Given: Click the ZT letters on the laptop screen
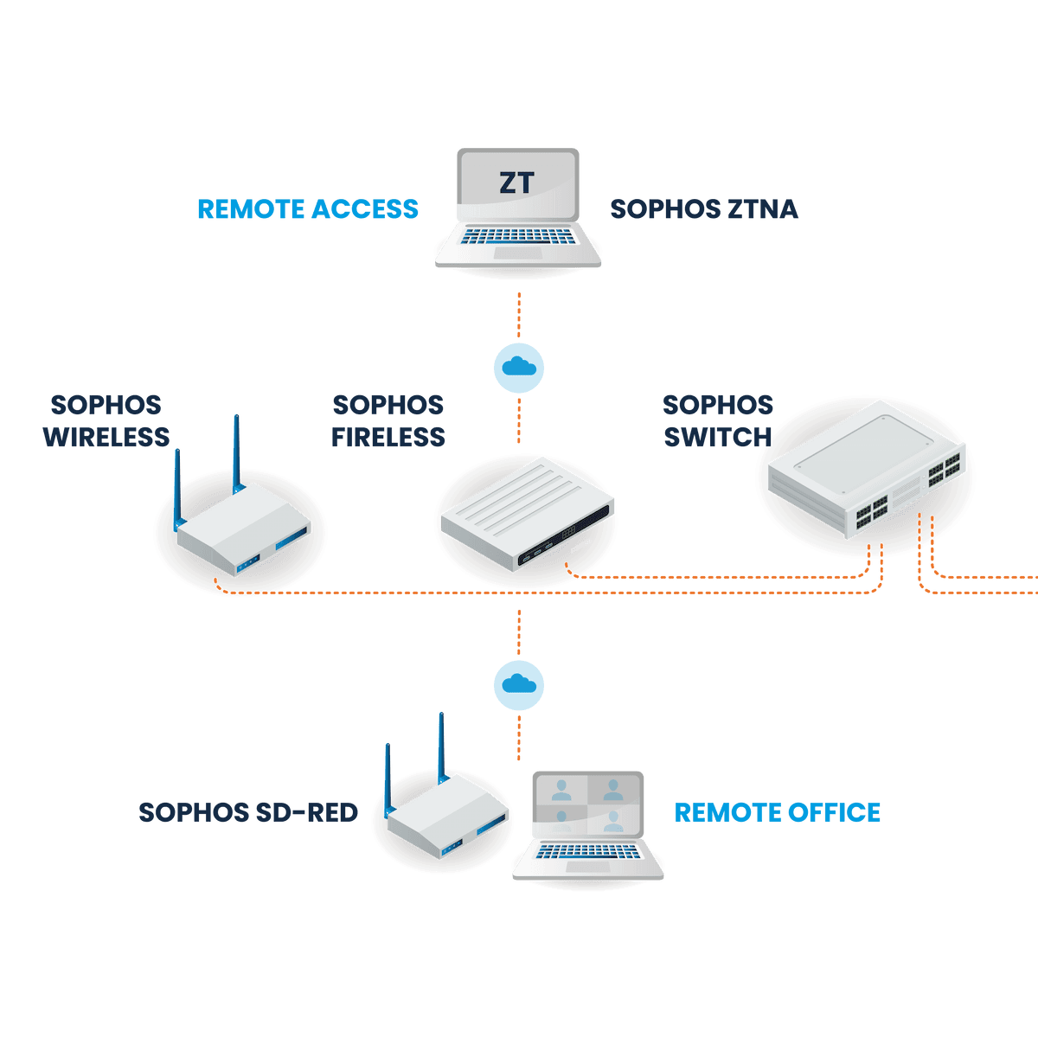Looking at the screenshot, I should coord(517,183).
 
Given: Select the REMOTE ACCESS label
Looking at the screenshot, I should coord(308,209).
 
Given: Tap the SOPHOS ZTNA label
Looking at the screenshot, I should coord(704,209).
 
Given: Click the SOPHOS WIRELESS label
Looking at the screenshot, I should coord(106,421).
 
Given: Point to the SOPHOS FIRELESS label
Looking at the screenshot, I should coord(388,421).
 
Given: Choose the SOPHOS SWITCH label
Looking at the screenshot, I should coord(718,421).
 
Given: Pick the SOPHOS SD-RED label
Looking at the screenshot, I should coord(248,813).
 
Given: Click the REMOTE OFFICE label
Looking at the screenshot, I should coord(778,813).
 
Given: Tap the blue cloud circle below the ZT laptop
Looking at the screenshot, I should coord(519,368).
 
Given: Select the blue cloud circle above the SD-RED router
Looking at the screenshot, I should coord(519,685).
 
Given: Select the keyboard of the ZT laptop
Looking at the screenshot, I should coord(518,236).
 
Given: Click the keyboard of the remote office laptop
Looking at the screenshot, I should coord(588,853).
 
